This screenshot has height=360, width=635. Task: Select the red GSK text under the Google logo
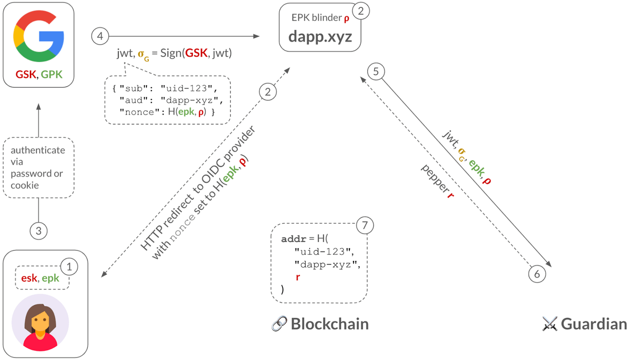click(26, 74)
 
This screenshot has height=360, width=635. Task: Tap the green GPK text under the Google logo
click(52, 74)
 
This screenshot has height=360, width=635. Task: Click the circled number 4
click(100, 36)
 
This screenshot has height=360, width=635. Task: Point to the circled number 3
click(38, 231)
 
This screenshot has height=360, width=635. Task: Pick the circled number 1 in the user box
click(69, 267)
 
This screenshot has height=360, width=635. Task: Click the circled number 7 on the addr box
click(365, 226)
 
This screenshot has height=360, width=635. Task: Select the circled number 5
click(376, 72)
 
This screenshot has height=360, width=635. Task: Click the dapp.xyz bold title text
click(320, 36)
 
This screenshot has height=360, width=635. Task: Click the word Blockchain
click(329, 324)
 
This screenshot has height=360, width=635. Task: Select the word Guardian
click(594, 324)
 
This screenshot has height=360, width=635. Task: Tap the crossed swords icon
click(550, 324)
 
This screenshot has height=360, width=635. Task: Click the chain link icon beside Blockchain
click(279, 324)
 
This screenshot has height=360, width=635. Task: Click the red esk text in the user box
click(29, 278)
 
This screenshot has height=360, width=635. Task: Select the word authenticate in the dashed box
click(38, 150)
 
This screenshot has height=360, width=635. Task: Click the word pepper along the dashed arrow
click(433, 176)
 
